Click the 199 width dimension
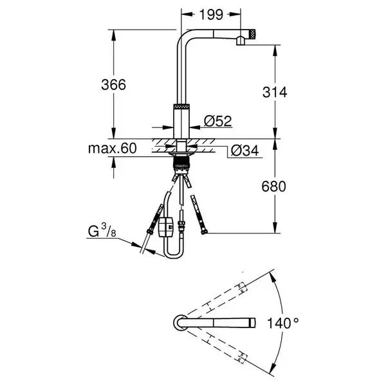pyautogui.click(x=211, y=15)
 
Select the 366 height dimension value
pyautogui.click(x=113, y=85)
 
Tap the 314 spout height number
pyautogui.click(x=275, y=92)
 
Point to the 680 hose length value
pyautogui.click(x=274, y=187)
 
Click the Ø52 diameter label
pyautogui.click(x=218, y=121)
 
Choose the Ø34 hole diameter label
pyautogui.click(x=245, y=151)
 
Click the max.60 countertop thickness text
pyautogui.click(x=112, y=149)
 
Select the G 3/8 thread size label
pyautogui.click(x=102, y=232)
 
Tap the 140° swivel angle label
pyautogui.click(x=283, y=323)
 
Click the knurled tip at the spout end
pyautogui.click(x=253, y=34)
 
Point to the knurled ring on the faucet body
pyautogui.click(x=181, y=106)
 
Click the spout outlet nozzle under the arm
pyautogui.click(x=241, y=41)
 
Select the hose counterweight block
pyautogui.click(x=166, y=226)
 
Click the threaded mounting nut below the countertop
pyautogui.click(x=181, y=163)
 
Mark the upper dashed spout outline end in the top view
pyautogui.click(x=242, y=288)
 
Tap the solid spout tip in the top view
pyautogui.click(x=253, y=323)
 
